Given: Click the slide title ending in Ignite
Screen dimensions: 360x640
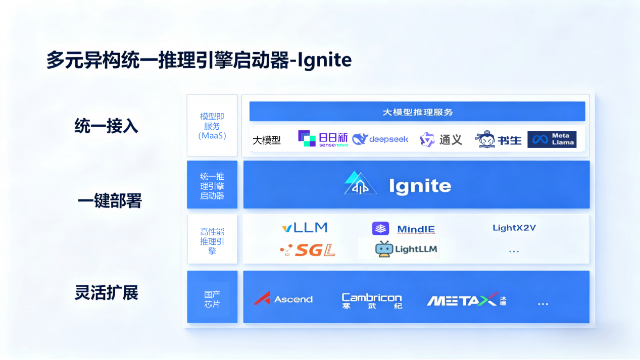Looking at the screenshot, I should (199, 60).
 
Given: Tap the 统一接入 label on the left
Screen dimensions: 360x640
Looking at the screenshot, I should (106, 126).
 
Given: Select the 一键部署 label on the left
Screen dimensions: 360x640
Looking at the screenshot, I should (110, 201).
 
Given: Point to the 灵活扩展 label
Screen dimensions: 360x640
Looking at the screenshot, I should (106, 293).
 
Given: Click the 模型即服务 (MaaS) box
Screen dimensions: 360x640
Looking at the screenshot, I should (212, 126).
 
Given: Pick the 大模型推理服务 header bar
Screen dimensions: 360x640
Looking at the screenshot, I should (417, 112).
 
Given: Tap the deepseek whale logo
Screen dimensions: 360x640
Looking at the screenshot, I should (380, 139).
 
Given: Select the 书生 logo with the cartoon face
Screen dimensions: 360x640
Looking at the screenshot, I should (499, 139).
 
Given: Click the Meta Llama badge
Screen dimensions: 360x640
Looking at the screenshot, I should (552, 139).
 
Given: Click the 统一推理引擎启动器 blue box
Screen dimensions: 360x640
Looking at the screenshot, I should (212, 185).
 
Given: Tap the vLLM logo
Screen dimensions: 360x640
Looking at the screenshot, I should (305, 228).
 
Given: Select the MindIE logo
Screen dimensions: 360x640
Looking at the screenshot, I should (403, 229).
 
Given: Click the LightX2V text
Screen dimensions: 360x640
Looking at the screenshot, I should (514, 228).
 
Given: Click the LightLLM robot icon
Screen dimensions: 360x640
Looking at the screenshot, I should (384, 249).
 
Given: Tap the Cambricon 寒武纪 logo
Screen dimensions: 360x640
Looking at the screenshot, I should (372, 300).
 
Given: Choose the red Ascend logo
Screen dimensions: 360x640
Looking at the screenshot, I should (283, 299).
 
